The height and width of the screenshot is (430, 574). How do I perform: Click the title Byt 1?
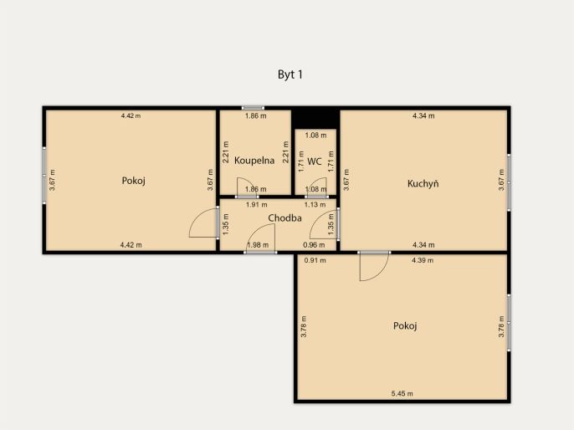point(290,74)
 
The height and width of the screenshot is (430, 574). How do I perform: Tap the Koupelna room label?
point(254,161)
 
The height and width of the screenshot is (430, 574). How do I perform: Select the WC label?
point(315,161)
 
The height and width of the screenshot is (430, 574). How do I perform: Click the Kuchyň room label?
point(423,183)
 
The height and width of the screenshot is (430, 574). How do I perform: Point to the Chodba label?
point(284,218)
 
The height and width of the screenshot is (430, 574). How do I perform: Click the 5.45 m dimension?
point(402,394)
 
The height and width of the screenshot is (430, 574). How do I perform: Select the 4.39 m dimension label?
point(423,260)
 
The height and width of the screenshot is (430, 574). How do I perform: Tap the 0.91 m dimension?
point(315,260)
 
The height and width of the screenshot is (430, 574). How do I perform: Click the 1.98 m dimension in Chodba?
point(258,245)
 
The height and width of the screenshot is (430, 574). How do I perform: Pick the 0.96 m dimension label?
point(314,245)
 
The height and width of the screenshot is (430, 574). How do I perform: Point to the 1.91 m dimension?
point(256,205)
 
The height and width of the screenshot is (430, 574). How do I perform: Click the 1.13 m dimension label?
point(315,205)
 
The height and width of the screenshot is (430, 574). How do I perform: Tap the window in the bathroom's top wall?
point(253,108)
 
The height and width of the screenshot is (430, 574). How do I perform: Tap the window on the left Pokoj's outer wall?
point(44,176)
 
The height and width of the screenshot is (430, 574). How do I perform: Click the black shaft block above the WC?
point(315,118)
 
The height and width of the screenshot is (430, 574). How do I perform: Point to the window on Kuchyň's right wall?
point(509,182)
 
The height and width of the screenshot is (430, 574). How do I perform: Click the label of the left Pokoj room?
point(134,181)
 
